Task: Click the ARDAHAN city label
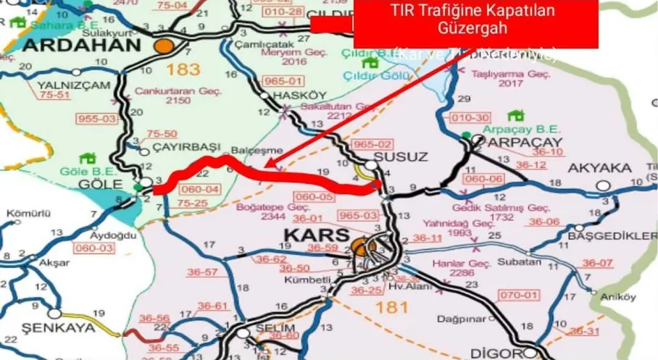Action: click(x=80, y=46)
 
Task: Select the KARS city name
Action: click(x=315, y=235)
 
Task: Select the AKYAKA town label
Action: click(x=600, y=168)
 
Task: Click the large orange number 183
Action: click(x=182, y=70)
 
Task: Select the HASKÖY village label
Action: click(x=290, y=96)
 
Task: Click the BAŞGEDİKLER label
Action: click(x=613, y=237)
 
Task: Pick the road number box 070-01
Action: click(x=520, y=295)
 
